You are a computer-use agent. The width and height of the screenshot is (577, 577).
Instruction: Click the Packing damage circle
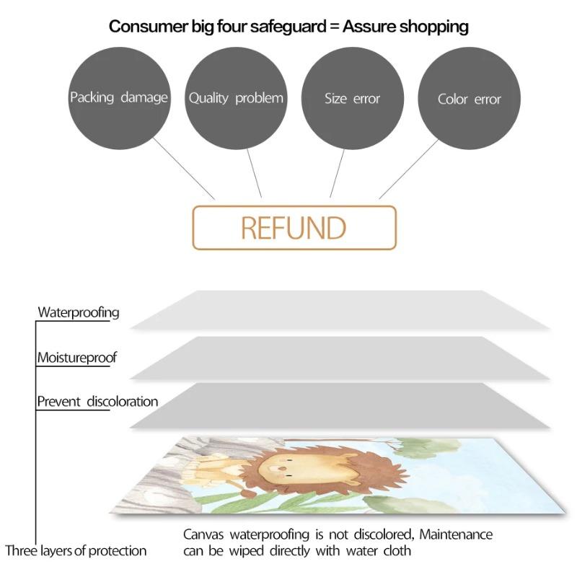coord(119,97)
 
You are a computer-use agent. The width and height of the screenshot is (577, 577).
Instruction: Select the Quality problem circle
coord(236,97)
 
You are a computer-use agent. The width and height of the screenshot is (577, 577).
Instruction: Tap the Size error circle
coord(352,98)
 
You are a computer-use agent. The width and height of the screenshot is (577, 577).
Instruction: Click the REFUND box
coord(294,228)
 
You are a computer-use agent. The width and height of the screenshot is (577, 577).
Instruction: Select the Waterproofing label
coord(79,312)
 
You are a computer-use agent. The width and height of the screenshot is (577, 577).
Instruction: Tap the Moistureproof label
coord(77,357)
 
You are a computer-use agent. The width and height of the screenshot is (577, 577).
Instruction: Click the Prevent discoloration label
coord(97,401)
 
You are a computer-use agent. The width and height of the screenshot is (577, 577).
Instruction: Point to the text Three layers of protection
coord(76,551)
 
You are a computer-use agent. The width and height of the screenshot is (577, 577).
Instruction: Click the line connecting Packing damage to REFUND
coord(183,168)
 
